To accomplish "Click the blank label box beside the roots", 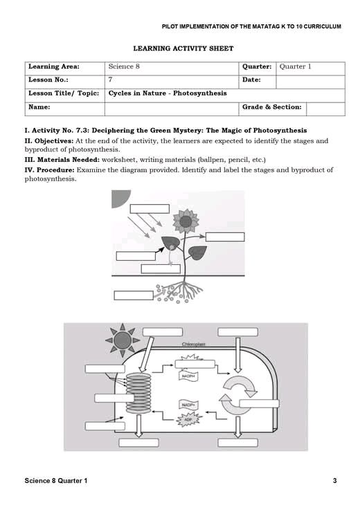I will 133,295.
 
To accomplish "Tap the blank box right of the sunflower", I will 224,237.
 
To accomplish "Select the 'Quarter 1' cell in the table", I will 296,67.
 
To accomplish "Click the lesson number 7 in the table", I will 111,80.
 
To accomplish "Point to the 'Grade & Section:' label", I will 271,107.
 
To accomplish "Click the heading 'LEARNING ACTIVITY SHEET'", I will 183,48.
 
